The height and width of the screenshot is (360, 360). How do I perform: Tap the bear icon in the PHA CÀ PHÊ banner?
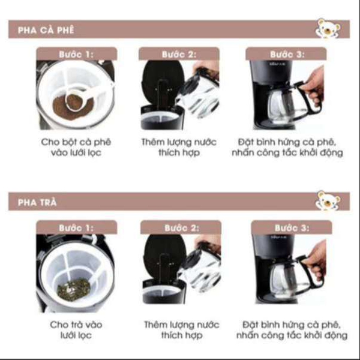326,28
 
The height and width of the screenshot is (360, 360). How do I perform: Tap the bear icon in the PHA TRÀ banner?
328,200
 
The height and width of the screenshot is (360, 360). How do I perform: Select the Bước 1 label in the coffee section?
76,54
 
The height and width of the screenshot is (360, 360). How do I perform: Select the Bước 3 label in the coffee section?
287,54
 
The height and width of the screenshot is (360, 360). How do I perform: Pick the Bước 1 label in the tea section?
76,227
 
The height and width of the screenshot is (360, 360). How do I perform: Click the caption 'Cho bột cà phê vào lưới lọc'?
76,147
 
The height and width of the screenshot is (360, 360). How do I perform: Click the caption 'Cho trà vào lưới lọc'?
76,329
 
